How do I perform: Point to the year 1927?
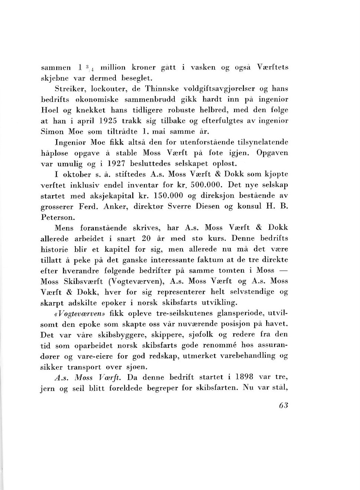[x=116, y=163]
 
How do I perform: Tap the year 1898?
[x=244, y=377]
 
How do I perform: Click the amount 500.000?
[x=207, y=185]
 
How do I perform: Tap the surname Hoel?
[x=48, y=110]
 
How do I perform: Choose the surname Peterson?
[x=58, y=217]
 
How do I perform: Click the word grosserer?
[x=57, y=207]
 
